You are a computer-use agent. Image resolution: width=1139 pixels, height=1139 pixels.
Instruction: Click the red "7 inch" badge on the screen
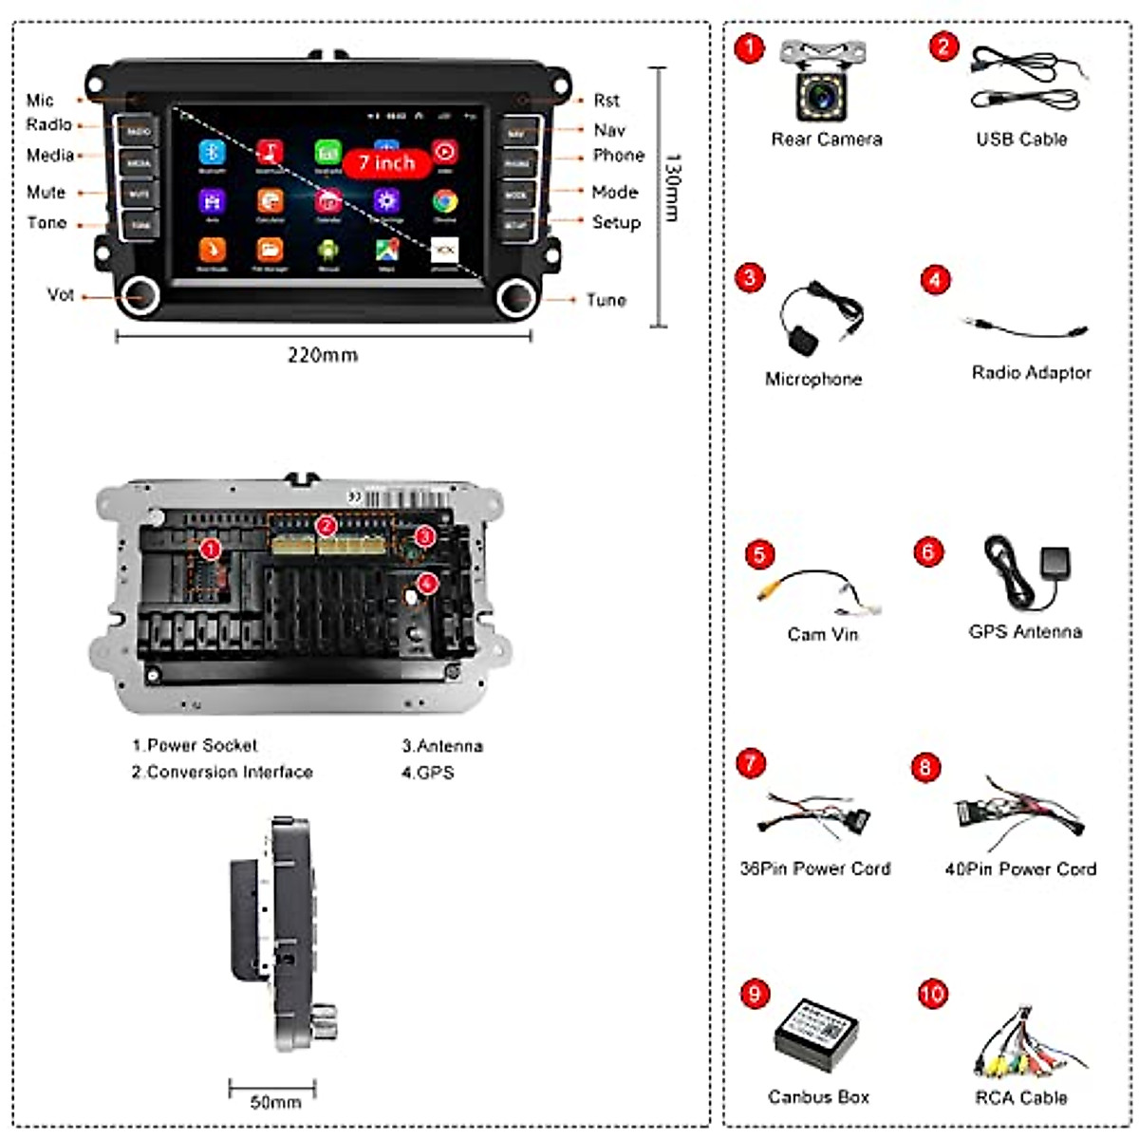click(386, 163)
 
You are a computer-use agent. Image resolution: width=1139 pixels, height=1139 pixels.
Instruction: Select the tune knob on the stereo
click(518, 297)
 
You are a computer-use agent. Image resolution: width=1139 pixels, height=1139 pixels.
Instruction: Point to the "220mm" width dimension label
click(323, 355)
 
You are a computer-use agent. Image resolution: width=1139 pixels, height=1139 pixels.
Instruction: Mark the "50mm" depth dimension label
click(275, 1102)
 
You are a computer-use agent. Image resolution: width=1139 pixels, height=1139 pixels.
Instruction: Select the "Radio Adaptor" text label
click(1031, 373)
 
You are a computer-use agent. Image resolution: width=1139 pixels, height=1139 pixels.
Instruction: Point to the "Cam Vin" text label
click(822, 634)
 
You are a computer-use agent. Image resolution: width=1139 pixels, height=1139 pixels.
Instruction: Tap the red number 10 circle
click(932, 994)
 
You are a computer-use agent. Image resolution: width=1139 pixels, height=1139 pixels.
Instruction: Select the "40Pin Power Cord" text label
click(1020, 868)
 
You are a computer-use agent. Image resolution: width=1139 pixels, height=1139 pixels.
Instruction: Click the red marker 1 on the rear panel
click(211, 549)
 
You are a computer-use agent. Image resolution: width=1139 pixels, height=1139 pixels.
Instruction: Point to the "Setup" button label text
click(616, 222)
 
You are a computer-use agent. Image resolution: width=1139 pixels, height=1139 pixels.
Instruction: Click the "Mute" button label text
click(46, 193)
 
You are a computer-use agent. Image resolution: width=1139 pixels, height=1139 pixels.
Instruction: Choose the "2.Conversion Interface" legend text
click(222, 772)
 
